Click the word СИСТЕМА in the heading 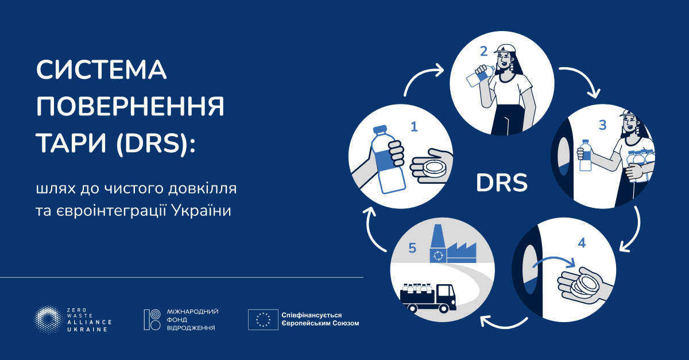coord(102,71)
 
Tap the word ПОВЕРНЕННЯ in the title coord(130,107)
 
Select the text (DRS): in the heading coord(156,143)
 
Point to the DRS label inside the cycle coord(501,183)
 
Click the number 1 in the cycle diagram coord(413,127)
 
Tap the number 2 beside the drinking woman coord(483,51)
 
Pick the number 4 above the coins coord(582,243)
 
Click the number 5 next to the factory coord(412,248)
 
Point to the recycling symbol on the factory coord(439,255)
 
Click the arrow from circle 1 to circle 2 coord(423,78)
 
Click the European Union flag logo coord(264,319)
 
